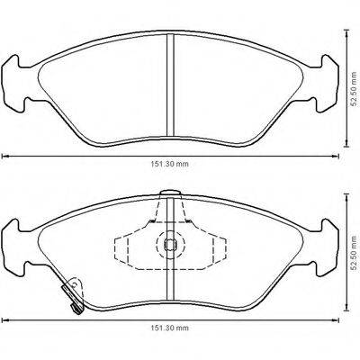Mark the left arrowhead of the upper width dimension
tap(4, 156)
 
